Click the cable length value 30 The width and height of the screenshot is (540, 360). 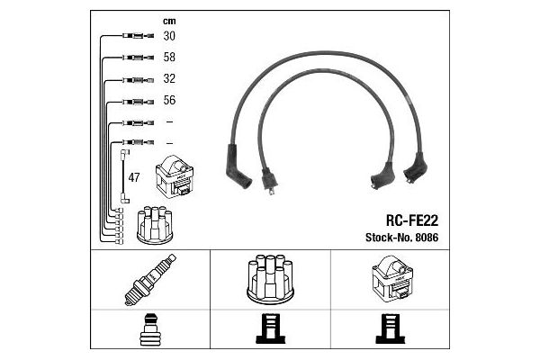(x=169, y=36)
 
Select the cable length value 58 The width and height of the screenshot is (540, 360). (x=169, y=57)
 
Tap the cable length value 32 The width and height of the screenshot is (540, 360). (x=169, y=78)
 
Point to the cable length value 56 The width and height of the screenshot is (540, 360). (x=169, y=100)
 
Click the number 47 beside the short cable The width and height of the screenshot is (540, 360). (x=135, y=177)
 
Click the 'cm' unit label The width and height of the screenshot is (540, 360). (x=168, y=19)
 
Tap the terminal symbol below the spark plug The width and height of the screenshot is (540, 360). (x=148, y=331)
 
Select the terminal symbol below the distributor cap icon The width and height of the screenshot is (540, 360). (x=270, y=331)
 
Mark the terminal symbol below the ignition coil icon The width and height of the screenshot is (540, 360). (x=391, y=331)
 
